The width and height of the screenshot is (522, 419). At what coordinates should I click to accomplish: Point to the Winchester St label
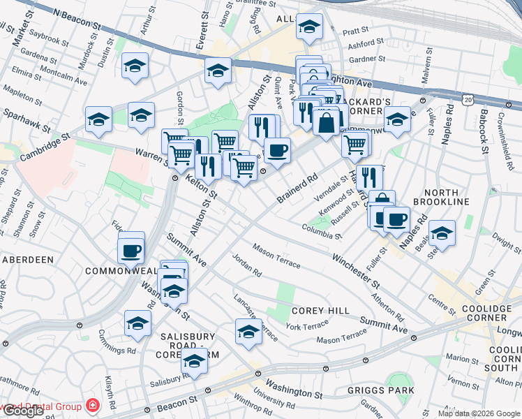pyautogui.click(x=355, y=272)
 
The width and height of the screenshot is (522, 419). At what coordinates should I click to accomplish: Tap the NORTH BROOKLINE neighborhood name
pyautogui.click(x=446, y=197)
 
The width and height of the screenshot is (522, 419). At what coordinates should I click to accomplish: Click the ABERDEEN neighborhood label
pyautogui.click(x=28, y=260)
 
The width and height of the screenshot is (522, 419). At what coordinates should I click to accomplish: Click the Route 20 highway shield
pyautogui.click(x=467, y=101)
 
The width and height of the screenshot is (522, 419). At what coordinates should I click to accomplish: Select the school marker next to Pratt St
pyautogui.click(x=309, y=27)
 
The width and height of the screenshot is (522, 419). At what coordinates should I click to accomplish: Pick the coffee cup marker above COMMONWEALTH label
pyautogui.click(x=130, y=249)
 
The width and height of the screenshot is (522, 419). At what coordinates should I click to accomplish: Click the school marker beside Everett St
pyautogui.click(x=218, y=71)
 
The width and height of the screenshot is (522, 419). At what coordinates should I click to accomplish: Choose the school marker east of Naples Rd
pyautogui.click(x=441, y=233)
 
